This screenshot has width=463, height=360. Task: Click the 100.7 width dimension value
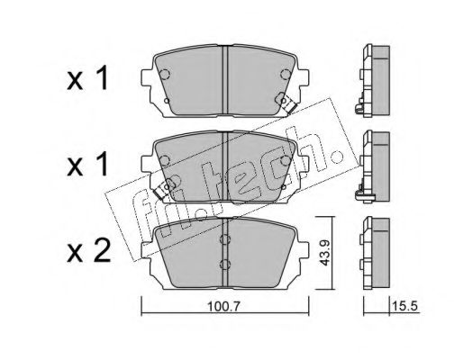point(224,306)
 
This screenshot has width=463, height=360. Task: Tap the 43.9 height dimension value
point(324,253)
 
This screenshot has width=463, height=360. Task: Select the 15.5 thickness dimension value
point(404,306)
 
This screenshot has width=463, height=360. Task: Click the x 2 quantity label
point(88,252)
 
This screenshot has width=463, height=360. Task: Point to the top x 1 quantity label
point(87,78)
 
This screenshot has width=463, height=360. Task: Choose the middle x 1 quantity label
point(87,164)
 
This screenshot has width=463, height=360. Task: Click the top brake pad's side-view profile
point(373,81)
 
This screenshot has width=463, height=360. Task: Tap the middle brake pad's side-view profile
point(373,166)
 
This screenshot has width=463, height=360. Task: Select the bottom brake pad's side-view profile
point(375,254)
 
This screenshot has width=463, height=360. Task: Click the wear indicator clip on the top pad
point(286,103)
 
